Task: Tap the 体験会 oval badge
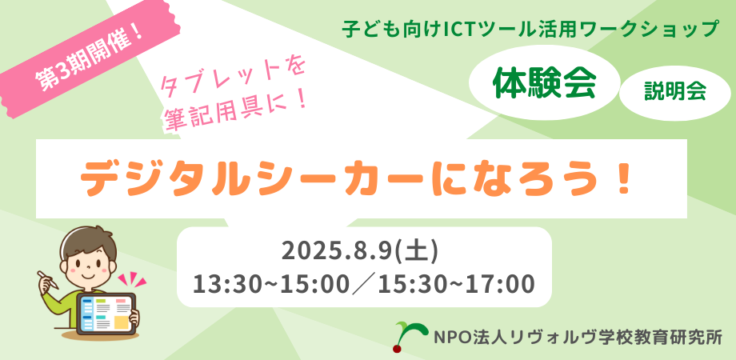click(544, 85)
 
